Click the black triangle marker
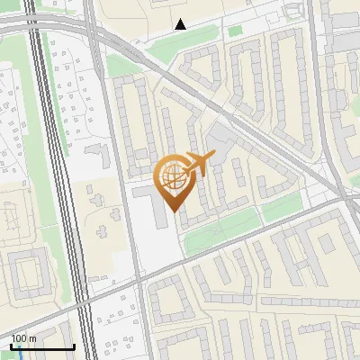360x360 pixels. click(181, 24)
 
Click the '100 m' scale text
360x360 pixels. click(23, 338)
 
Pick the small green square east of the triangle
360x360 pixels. click(235, 31)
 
